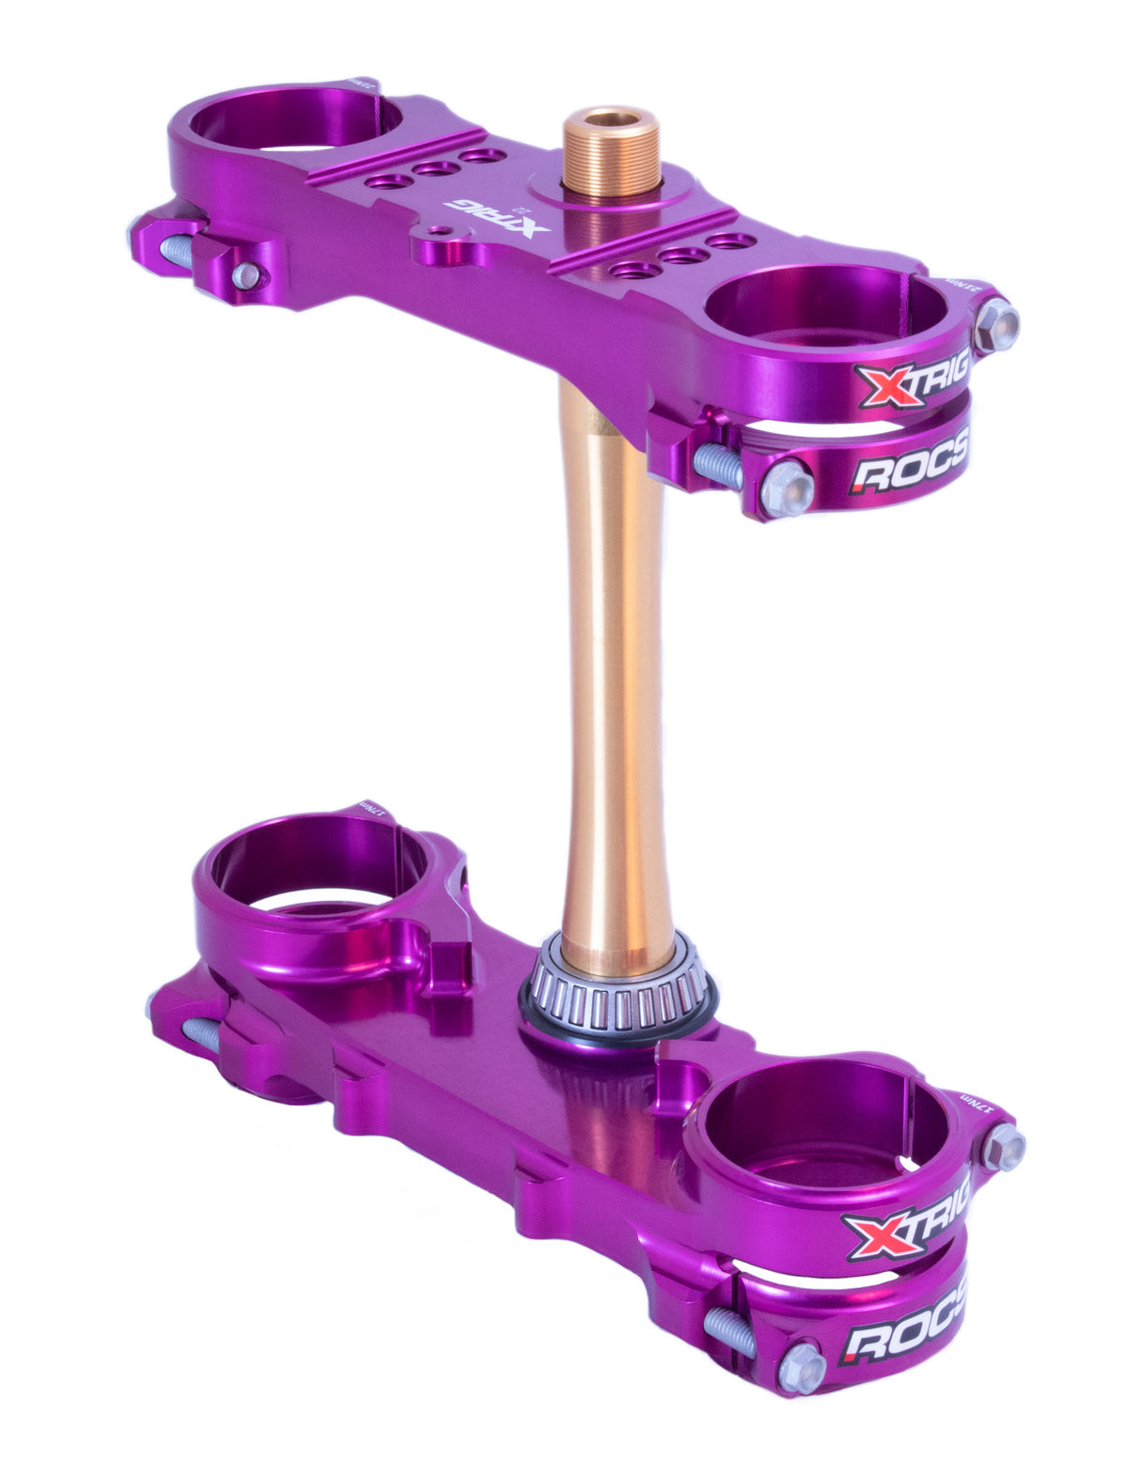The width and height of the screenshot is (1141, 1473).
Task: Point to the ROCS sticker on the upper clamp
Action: [x=908, y=464]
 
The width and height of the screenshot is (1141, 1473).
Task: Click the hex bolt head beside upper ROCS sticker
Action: [x=786, y=488]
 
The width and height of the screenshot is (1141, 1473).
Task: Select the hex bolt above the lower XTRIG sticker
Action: [x=1003, y=1147]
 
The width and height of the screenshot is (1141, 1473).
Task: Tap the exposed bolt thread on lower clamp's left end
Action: [x=200, y=1034]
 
